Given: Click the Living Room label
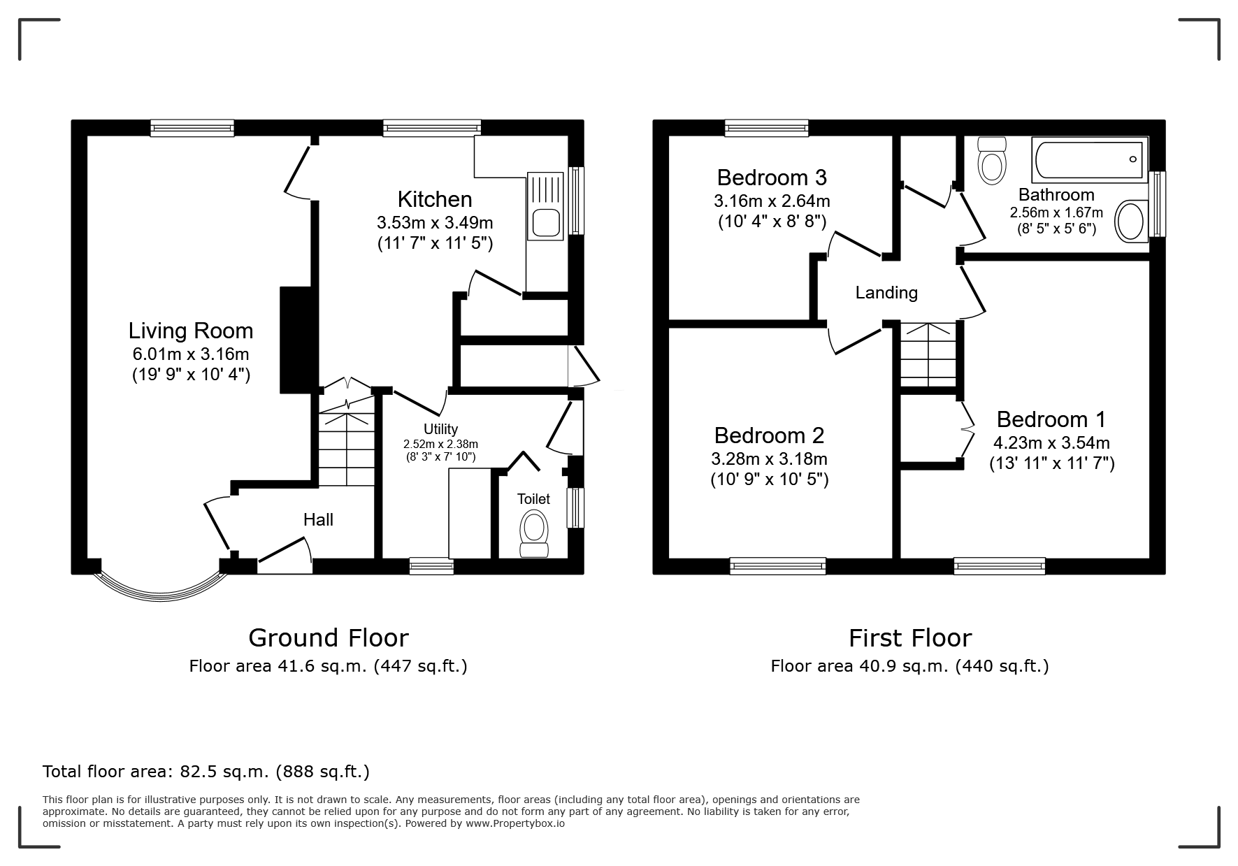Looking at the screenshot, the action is [191, 331].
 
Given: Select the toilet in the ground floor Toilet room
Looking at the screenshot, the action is [535, 534].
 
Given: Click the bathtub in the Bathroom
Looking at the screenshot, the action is [1089, 159].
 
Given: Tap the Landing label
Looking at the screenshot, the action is [886, 293].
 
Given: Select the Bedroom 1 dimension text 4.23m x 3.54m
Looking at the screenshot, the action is [1051, 442].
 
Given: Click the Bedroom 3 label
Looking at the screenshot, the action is [772, 178].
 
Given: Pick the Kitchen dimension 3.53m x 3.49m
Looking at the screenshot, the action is [435, 223].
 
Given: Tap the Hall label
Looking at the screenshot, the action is [318, 519].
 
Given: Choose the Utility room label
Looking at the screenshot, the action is [440, 429].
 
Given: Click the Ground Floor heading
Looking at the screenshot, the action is [329, 637].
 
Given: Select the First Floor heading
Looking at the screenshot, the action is [910, 637].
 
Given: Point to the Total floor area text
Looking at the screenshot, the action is [206, 772].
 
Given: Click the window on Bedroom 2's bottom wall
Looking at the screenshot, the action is [777, 565].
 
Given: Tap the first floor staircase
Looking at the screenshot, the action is [928, 354].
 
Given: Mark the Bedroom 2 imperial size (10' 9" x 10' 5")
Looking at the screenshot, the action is [769, 479].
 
